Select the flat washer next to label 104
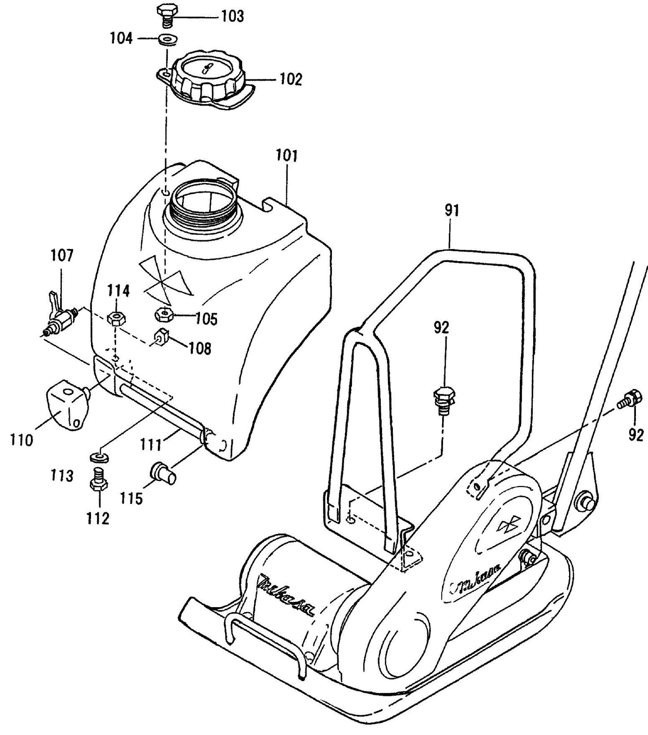coord(167,39)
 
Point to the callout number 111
coord(151,445)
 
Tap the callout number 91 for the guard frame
coord(452,210)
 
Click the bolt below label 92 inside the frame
coord(443,398)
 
